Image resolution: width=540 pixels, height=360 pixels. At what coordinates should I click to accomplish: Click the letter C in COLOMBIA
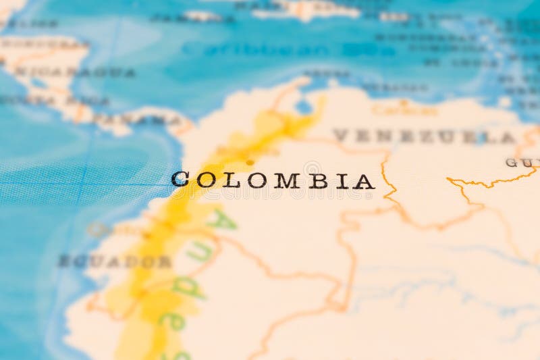(x=180, y=180)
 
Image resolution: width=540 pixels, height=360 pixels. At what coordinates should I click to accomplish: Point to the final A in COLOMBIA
(x=364, y=181)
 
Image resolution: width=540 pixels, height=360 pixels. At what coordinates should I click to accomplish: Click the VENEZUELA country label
(x=425, y=136)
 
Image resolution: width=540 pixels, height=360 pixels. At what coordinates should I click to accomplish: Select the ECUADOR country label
(x=115, y=261)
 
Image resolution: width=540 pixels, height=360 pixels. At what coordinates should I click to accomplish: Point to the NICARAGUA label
(x=74, y=72)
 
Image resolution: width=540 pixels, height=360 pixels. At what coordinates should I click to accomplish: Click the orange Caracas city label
(x=404, y=109)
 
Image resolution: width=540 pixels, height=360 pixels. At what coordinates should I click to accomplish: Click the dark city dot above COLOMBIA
(x=250, y=162)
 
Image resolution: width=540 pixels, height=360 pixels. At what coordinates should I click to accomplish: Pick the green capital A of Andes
(x=220, y=220)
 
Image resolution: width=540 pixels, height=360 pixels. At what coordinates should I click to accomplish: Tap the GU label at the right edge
(x=522, y=162)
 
